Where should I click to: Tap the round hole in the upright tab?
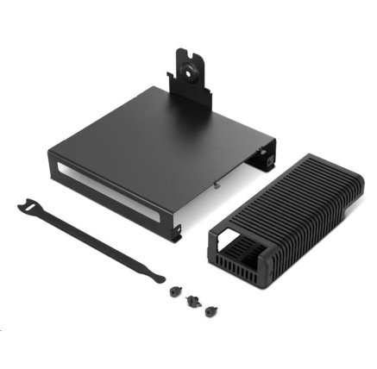pos(190,63)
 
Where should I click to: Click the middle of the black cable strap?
pos(91,241)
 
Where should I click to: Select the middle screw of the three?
pos(190,301)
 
